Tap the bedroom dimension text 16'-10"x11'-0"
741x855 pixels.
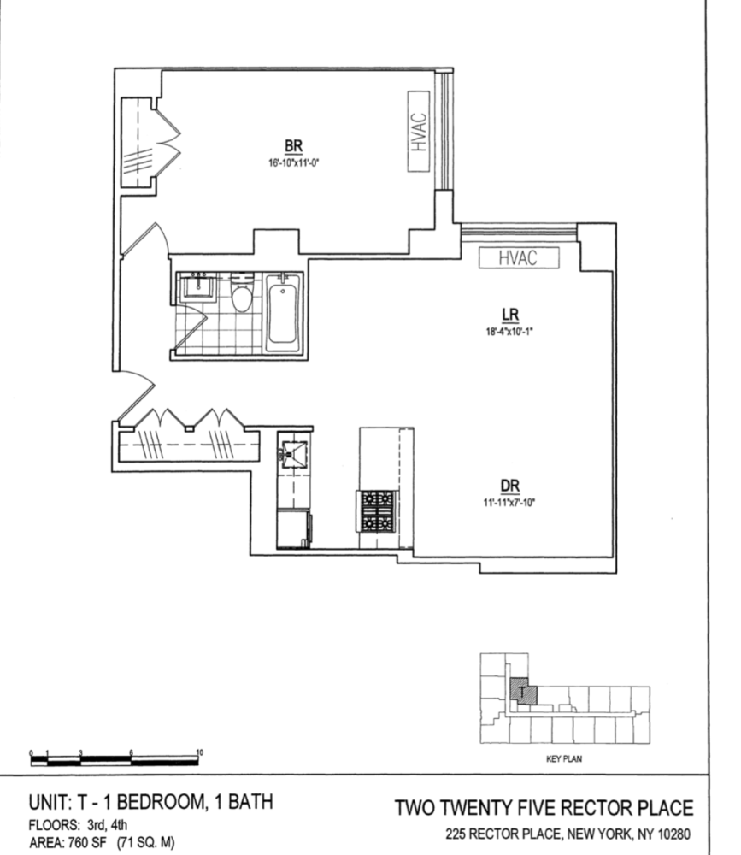click(x=293, y=160)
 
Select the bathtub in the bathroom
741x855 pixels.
click(x=283, y=312)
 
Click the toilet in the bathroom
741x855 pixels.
click(x=242, y=295)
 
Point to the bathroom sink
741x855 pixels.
click(x=196, y=287)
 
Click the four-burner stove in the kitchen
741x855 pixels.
click(x=376, y=510)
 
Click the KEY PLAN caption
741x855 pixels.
click(x=563, y=758)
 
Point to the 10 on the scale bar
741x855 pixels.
click(x=199, y=752)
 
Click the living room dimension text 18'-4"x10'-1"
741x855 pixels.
click(x=511, y=329)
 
